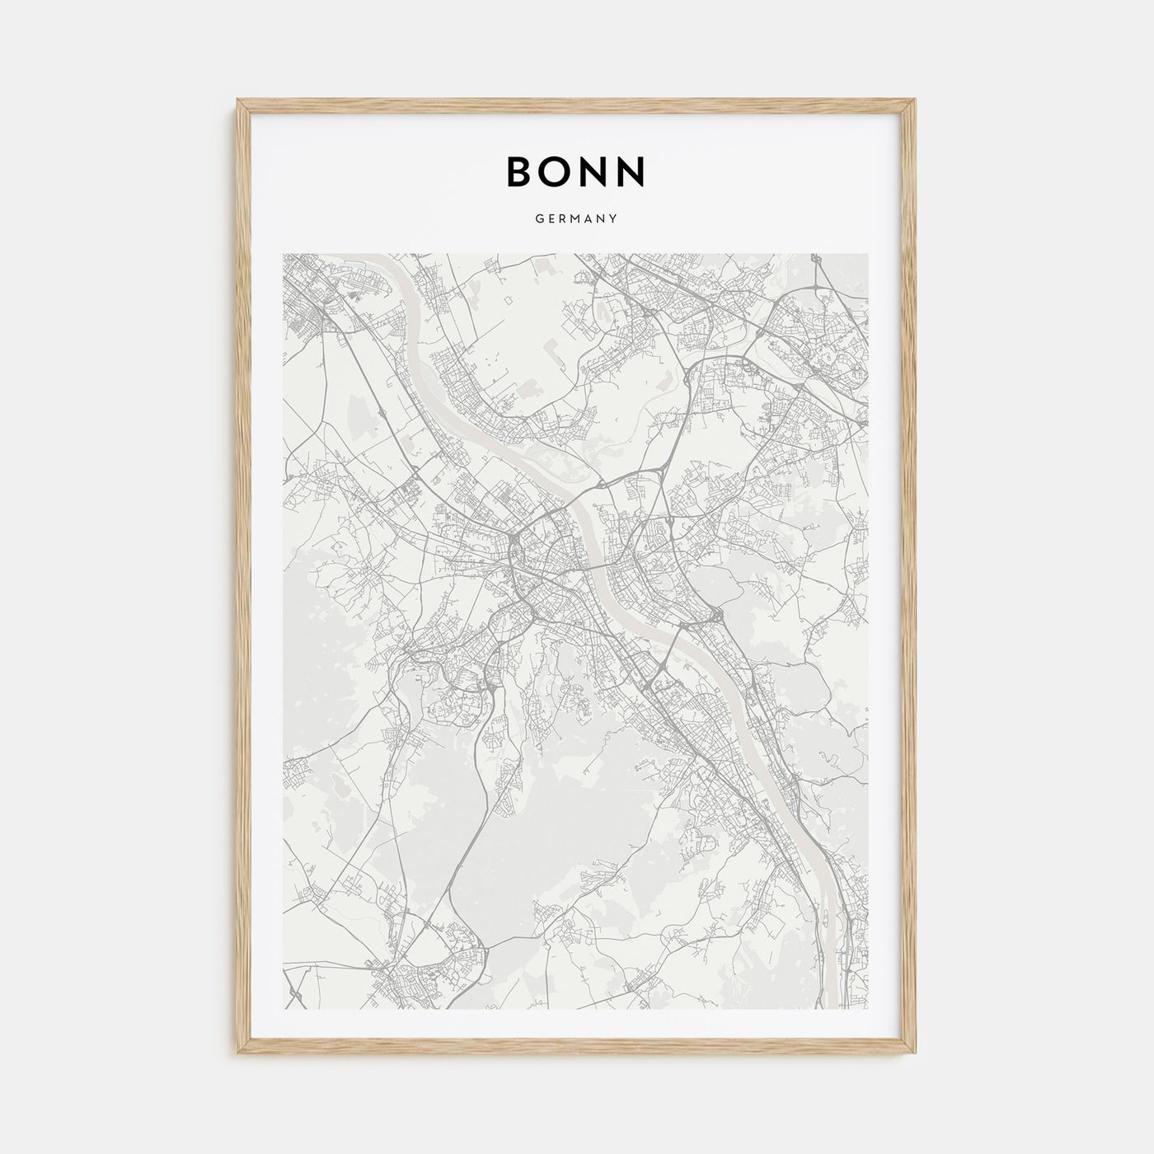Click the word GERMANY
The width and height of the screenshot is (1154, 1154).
[577, 219]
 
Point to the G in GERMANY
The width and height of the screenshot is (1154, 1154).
[539, 219]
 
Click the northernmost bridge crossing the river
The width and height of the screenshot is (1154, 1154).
[582, 493]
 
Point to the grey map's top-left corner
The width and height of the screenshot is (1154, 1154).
[284, 254]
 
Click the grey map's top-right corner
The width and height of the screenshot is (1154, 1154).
[869, 254]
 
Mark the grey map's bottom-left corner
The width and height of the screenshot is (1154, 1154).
[284, 1009]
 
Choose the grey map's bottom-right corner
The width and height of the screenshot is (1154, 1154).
[869, 1009]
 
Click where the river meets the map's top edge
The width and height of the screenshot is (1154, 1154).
[396, 255]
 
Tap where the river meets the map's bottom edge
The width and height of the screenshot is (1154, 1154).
[831, 1007]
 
